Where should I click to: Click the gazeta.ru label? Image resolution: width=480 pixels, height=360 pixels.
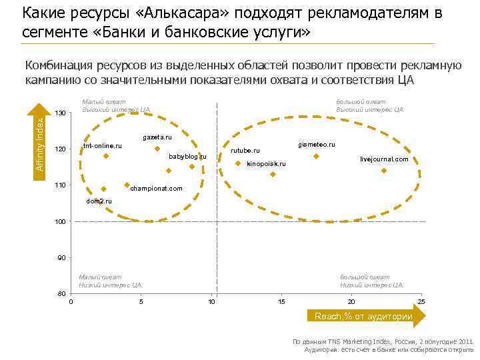[x=157, y=137]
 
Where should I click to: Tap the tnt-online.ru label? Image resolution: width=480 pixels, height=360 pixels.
[x=103, y=146]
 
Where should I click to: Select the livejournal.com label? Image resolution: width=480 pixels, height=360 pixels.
[x=384, y=159]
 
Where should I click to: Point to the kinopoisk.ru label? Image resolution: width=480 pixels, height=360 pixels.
[x=266, y=163]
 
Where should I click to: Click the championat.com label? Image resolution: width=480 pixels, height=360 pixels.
[x=156, y=189]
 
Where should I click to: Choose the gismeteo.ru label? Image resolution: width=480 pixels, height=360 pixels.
[x=316, y=144]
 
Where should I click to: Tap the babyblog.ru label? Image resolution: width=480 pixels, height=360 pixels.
[x=187, y=156]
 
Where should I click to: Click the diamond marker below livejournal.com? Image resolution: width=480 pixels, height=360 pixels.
[x=384, y=171]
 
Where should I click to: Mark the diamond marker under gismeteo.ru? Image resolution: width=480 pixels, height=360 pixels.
[x=317, y=156]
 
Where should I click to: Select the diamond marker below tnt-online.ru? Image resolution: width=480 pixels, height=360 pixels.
[x=105, y=156]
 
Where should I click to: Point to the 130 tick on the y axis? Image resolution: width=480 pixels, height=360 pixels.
[x=60, y=113]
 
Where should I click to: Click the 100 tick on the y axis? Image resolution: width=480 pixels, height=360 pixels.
[x=60, y=221]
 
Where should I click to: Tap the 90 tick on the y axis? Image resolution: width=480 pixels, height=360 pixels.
[x=61, y=257]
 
